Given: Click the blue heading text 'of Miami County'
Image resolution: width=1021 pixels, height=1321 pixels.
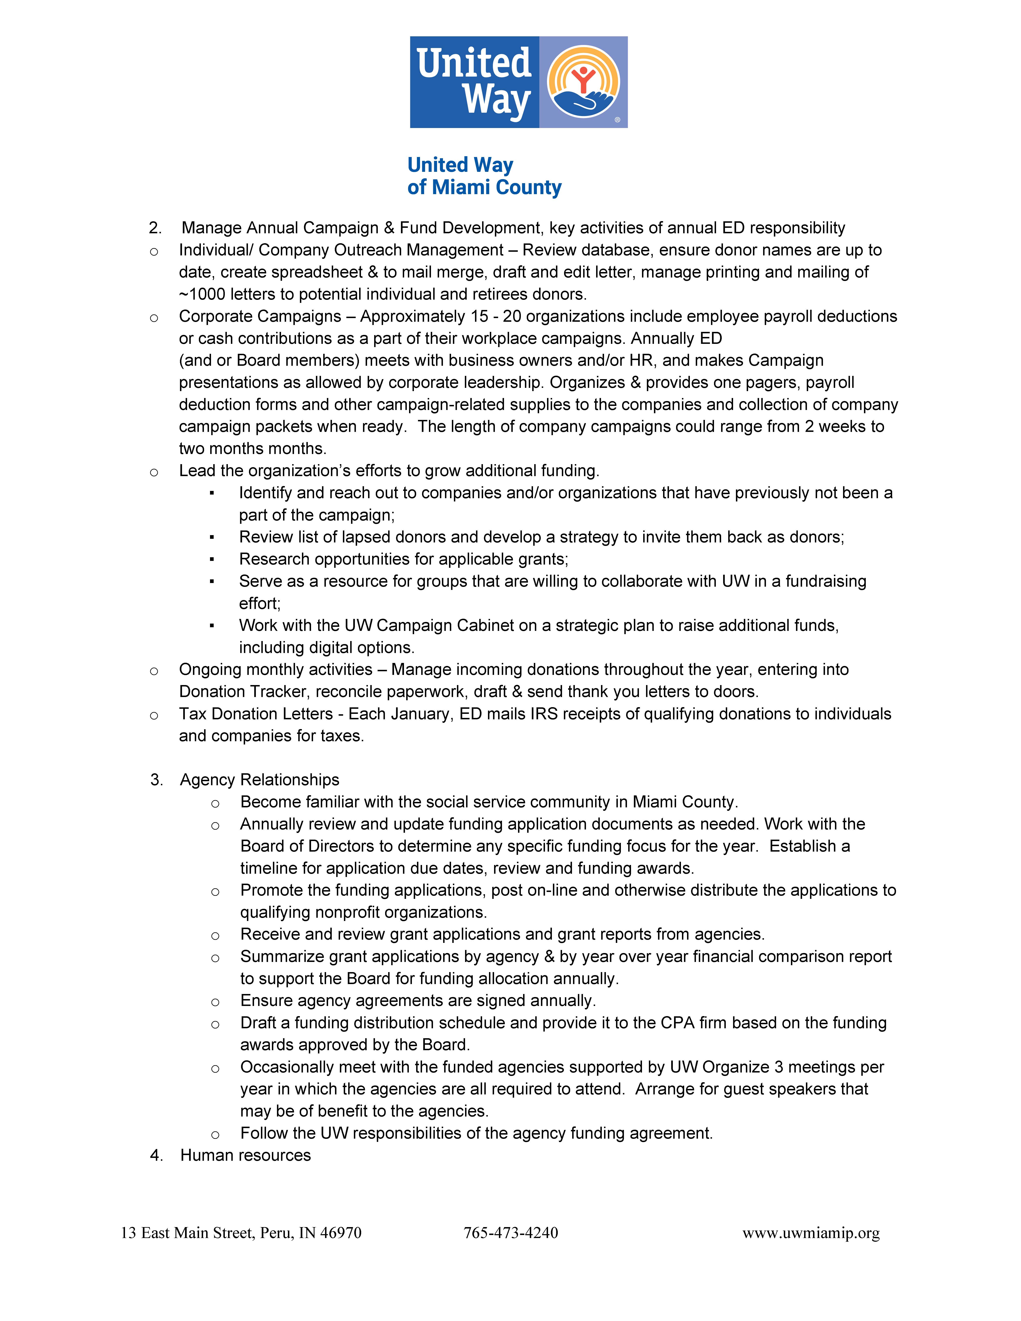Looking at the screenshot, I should [484, 187].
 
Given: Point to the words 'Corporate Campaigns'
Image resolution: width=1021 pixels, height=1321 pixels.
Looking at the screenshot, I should [260, 316].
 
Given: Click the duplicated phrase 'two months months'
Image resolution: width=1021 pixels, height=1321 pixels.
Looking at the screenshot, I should [252, 449].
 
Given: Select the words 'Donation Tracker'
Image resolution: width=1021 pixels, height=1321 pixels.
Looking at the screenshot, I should [245, 692].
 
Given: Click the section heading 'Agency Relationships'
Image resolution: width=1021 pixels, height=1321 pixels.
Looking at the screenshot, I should [260, 780].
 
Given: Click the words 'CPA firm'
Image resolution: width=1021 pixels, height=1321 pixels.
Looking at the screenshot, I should [693, 1023].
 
